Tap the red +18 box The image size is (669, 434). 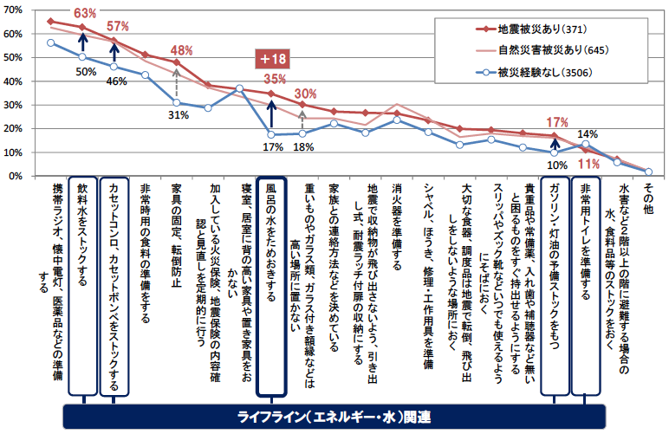[x=272, y=59]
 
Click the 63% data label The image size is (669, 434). [x=85, y=13]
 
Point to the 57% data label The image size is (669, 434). [x=118, y=25]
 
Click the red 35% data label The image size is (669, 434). [x=274, y=79]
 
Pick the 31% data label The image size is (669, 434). [x=179, y=113]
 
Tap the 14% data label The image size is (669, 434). [x=588, y=133]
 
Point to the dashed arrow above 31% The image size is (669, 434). [x=177, y=83]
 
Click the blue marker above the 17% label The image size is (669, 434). [x=271, y=135]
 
